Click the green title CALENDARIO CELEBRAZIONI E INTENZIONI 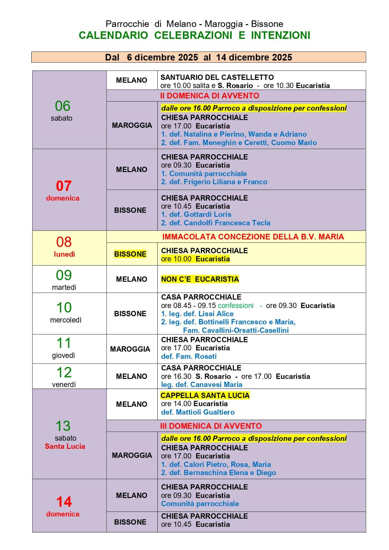pos(194,35)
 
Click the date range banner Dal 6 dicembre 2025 pos(198,57)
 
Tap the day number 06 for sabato pos(62,106)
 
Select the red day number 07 pos(64,186)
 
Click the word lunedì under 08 pos(64,254)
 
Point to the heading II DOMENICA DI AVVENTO pos(209,96)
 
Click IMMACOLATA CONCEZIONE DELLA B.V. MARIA pos(253,237)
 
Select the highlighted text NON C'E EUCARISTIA pos(200,279)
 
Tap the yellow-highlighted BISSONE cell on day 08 pos(130,254)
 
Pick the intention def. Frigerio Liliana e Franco pos(214,182)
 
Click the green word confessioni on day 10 pos(235,306)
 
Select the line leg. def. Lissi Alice pos(197,314)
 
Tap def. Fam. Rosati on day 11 pos(189,356)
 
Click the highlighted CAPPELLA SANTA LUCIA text pos(205,395)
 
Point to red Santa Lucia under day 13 pos(65,446)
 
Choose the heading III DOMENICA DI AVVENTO pos(211,426)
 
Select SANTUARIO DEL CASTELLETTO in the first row pos(217,77)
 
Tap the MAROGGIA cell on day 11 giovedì pos(130,349)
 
